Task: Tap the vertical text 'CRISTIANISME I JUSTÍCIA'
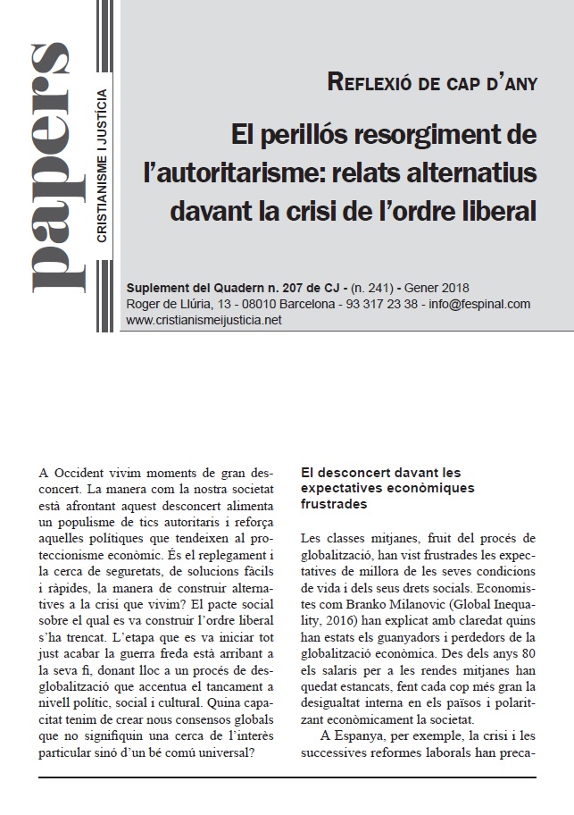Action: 103,165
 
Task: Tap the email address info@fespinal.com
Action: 479,304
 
